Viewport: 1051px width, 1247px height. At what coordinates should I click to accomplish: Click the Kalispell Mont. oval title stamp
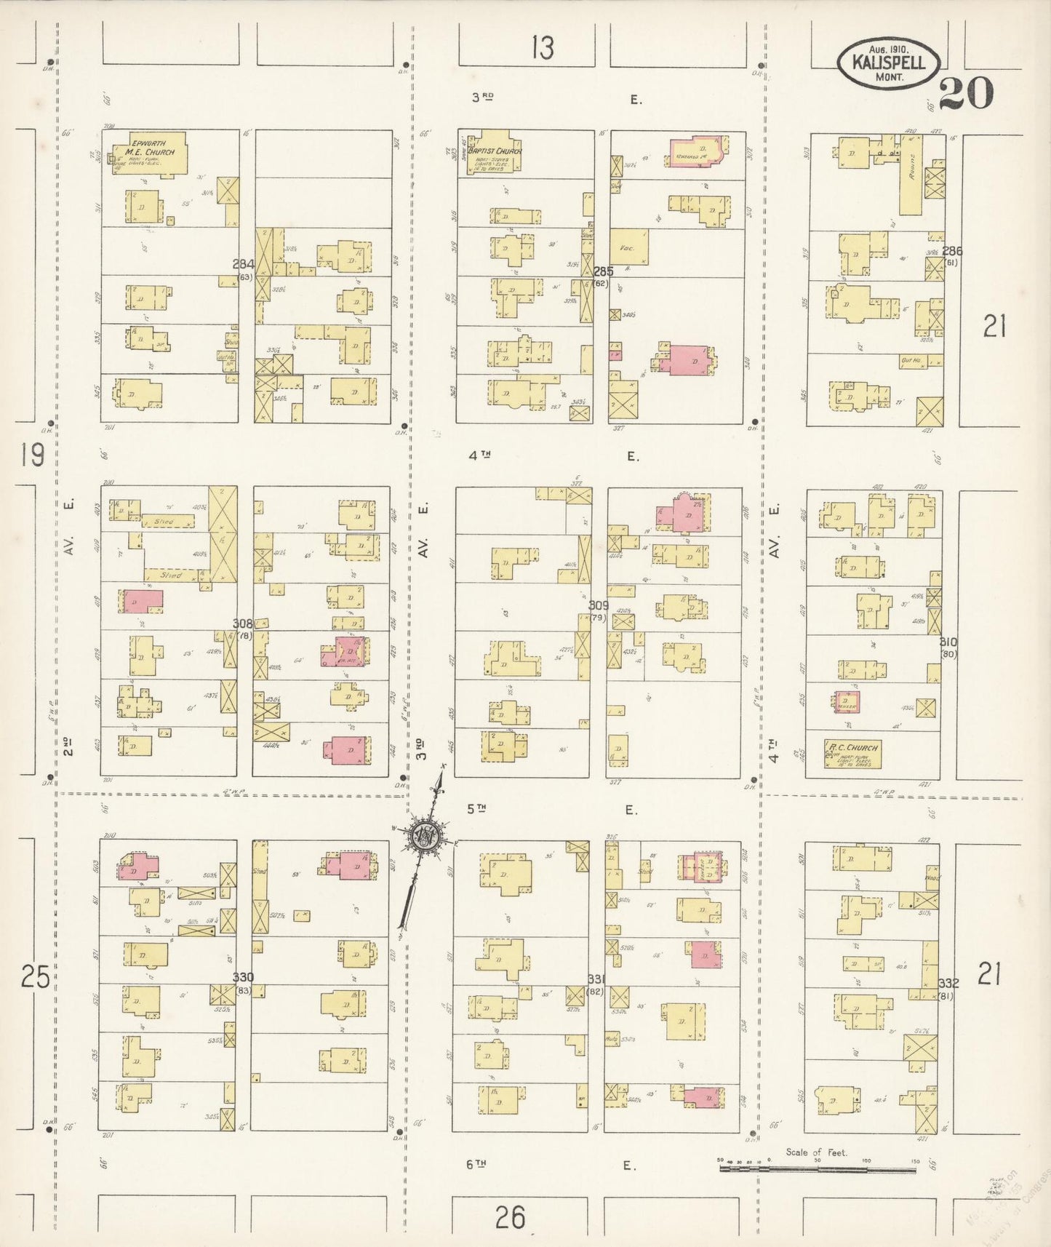pyautogui.click(x=889, y=63)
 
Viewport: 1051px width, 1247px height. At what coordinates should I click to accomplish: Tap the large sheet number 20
pyautogui.click(x=966, y=93)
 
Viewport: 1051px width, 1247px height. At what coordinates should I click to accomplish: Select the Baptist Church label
pyautogui.click(x=496, y=151)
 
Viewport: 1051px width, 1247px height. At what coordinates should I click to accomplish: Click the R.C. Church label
pyautogui.click(x=854, y=747)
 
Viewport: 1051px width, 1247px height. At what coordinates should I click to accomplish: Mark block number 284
pyautogui.click(x=243, y=264)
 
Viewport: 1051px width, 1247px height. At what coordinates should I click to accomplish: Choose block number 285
pyautogui.click(x=603, y=271)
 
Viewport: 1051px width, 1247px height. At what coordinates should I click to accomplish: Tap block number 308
pyautogui.click(x=242, y=623)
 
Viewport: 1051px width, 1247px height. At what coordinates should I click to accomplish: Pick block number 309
pyautogui.click(x=598, y=605)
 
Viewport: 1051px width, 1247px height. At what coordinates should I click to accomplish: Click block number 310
pyautogui.click(x=948, y=642)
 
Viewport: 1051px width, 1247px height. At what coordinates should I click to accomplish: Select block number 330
pyautogui.click(x=243, y=977)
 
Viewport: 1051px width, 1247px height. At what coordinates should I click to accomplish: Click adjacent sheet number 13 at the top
pyautogui.click(x=542, y=48)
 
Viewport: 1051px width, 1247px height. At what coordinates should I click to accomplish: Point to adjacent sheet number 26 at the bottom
pyautogui.click(x=510, y=1216)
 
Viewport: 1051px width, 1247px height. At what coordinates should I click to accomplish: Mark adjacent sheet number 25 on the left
pyautogui.click(x=35, y=976)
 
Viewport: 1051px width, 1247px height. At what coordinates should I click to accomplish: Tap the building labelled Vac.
pyautogui.click(x=628, y=247)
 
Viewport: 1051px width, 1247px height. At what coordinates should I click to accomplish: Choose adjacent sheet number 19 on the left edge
pyautogui.click(x=33, y=455)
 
